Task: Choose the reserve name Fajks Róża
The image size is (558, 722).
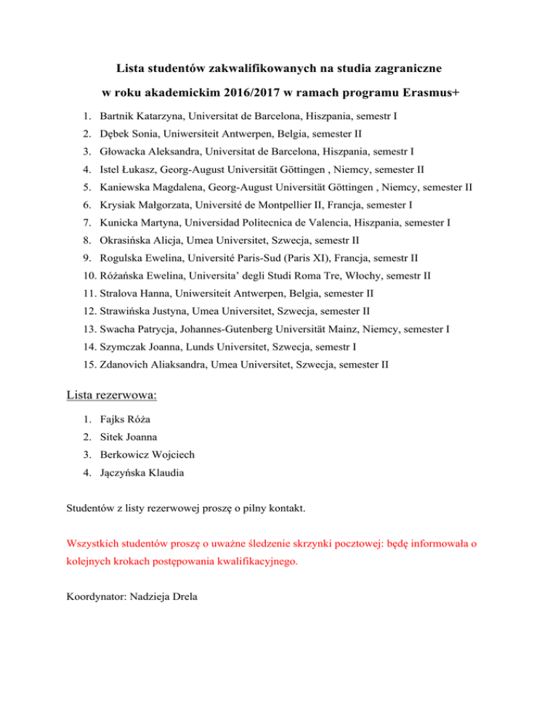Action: click(126, 419)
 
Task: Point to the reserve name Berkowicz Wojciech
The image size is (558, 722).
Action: click(147, 455)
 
